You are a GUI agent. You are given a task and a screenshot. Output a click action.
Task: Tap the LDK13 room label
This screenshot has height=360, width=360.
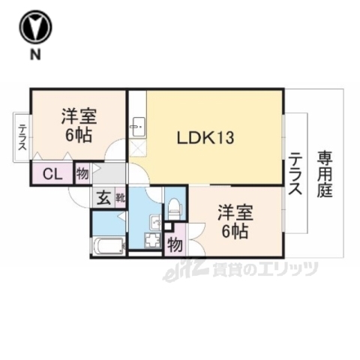[x=206, y=138]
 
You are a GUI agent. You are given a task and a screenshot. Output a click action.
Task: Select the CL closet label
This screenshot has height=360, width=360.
[x=52, y=175]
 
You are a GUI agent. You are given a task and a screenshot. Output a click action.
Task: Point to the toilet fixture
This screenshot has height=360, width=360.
[x=174, y=206]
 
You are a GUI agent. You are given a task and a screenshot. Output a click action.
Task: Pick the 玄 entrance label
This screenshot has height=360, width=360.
[x=103, y=199]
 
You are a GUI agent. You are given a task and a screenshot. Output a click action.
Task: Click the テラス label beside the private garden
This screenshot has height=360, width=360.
[x=295, y=174]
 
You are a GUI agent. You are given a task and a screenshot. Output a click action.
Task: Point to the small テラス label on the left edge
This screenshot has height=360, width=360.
[x=23, y=138]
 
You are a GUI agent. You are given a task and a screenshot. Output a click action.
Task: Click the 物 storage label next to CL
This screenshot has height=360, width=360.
[x=82, y=174]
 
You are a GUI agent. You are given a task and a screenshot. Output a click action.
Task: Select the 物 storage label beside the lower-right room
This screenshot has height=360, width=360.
[x=174, y=244]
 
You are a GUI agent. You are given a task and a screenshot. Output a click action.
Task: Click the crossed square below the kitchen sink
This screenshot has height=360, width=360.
[x=137, y=148]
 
